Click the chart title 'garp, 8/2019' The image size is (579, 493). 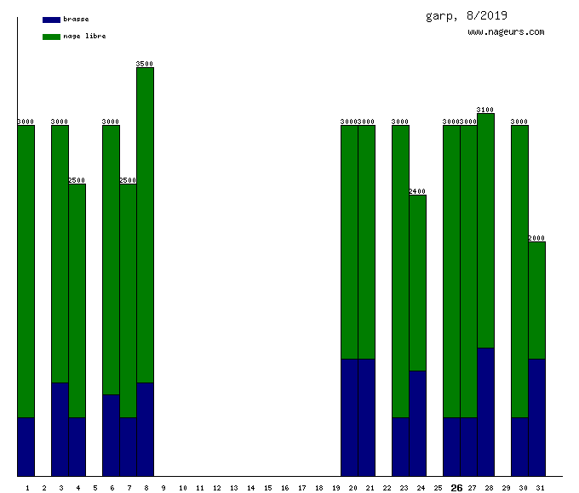(466, 15)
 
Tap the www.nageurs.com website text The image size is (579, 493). (506, 31)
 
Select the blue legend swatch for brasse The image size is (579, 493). (51, 19)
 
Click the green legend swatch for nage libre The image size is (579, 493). (51, 36)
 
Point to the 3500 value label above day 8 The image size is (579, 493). (145, 64)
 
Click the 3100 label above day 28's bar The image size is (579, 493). (485, 110)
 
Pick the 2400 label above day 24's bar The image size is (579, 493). (417, 191)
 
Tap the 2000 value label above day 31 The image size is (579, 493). (536, 238)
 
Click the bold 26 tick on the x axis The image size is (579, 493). (456, 488)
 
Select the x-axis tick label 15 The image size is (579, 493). (267, 488)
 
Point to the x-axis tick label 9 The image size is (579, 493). (163, 488)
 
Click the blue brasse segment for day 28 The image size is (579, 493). (485, 411)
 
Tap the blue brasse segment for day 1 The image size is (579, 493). (26, 446)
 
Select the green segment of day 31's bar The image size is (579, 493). (536, 300)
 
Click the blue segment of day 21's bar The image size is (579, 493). (366, 417)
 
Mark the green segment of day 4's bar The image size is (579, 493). (77, 300)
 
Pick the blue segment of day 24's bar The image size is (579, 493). (417, 423)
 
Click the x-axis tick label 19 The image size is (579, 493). (335, 488)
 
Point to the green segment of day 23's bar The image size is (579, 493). (400, 271)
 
